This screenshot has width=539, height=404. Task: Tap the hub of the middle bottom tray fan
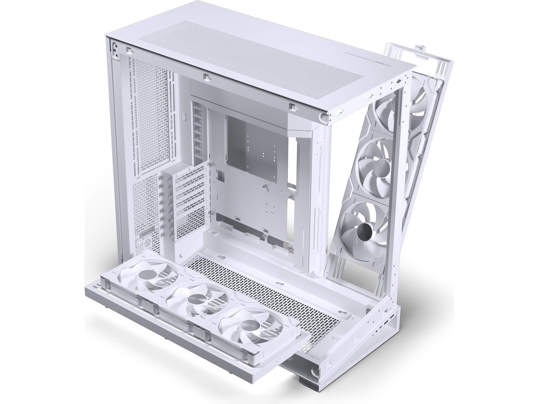click(196, 299)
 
